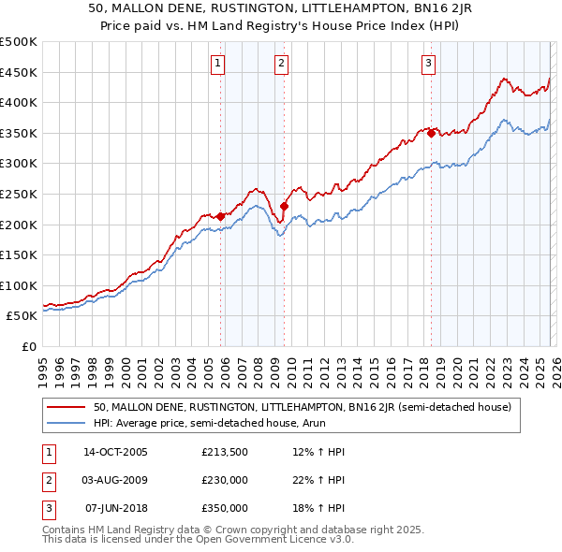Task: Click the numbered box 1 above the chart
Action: (217, 64)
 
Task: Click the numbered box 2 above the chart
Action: (281, 64)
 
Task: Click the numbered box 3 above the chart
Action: (428, 64)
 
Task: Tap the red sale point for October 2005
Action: (221, 216)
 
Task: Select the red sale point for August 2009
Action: (284, 206)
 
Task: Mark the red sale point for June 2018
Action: (431, 133)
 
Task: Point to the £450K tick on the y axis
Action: (19, 72)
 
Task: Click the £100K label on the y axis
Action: (19, 285)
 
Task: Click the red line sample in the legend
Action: (67, 407)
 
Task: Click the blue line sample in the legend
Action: (67, 423)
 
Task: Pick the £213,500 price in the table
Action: (224, 452)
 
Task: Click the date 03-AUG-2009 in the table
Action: (115, 480)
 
